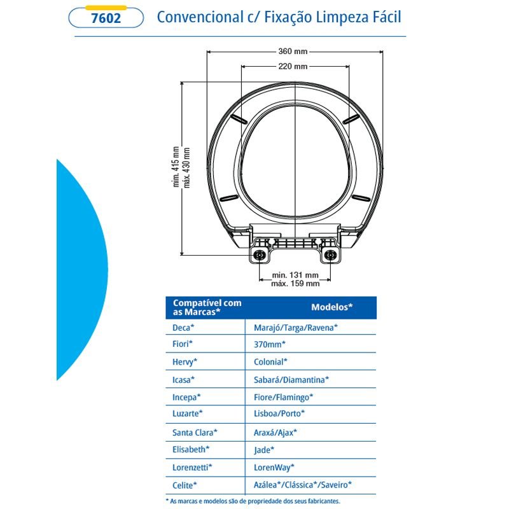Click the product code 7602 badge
(x=106, y=18)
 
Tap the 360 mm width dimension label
(x=293, y=52)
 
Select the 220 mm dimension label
(x=293, y=66)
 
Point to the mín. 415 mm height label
(x=176, y=167)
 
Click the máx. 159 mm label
(x=295, y=283)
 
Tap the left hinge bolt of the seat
(x=260, y=255)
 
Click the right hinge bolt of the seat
(x=330, y=255)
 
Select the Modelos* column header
(x=331, y=307)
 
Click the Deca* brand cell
(x=183, y=328)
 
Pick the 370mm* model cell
(x=270, y=344)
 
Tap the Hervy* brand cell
(x=185, y=362)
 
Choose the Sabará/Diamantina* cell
(x=291, y=379)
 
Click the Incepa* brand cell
(x=186, y=397)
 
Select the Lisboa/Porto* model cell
(x=279, y=414)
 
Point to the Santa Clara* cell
(x=195, y=433)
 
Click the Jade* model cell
(x=264, y=450)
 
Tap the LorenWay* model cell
(x=274, y=468)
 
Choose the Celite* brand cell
(x=185, y=485)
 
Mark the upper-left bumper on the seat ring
(x=239, y=118)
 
